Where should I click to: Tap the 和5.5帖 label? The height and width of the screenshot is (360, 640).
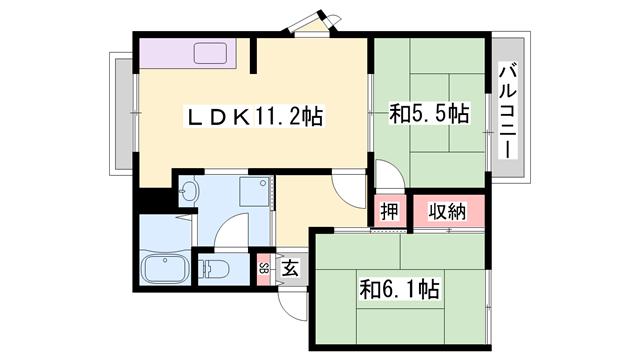[428, 114]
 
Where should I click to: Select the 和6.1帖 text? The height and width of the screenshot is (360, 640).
[400, 290]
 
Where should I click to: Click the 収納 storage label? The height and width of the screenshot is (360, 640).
[449, 212]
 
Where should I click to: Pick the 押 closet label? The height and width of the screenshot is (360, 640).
[388, 212]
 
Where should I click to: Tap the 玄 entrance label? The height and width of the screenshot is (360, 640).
[289, 267]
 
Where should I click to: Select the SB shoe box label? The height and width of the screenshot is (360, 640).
[263, 267]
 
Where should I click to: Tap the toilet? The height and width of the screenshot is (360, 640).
[216, 267]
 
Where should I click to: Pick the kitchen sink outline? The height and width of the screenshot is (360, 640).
[213, 53]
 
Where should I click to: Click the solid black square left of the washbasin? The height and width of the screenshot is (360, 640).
[153, 199]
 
